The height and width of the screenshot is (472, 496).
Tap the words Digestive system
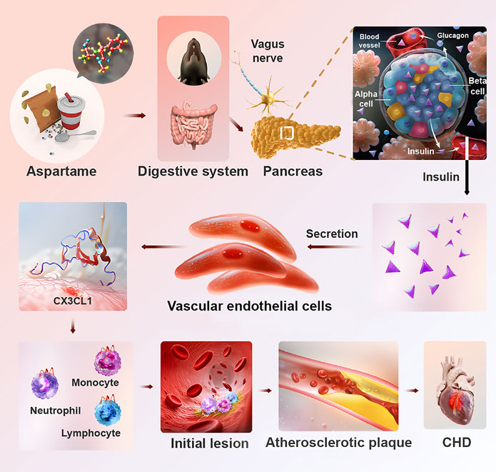193,171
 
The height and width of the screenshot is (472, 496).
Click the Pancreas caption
293,171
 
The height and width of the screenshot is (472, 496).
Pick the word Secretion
332,234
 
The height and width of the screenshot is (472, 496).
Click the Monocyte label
95,383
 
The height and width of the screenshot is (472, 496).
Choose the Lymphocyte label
91,433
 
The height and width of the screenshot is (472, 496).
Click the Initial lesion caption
209,443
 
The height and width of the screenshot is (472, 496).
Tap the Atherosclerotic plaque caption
338,443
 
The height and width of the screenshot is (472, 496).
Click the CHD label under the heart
456,443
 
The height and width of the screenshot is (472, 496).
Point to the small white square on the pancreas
286,133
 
